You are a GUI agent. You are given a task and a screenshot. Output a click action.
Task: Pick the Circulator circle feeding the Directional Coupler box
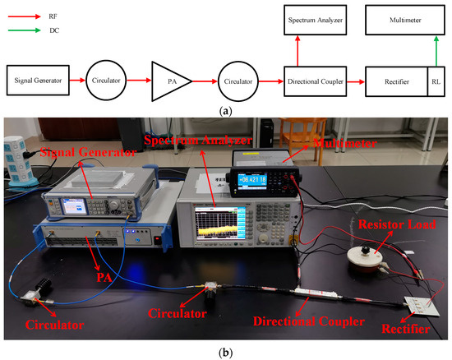[240, 81]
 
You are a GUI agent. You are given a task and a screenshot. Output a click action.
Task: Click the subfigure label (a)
[226, 108]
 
